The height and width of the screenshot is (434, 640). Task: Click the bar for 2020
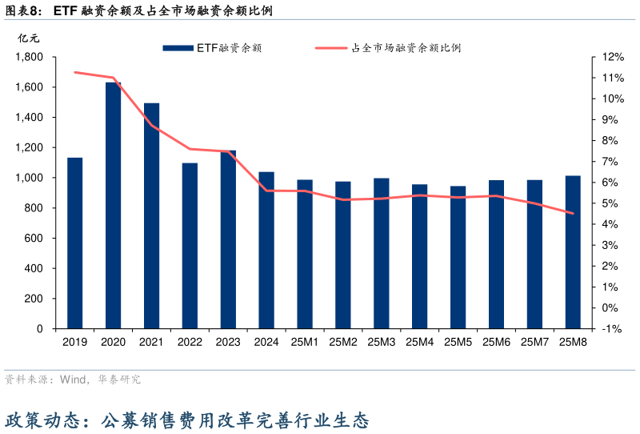click(114, 205)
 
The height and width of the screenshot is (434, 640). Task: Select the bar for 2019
click(75, 243)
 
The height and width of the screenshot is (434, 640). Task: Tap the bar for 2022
click(190, 246)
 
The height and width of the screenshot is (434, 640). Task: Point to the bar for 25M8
click(573, 251)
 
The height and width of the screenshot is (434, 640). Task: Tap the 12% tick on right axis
click(612, 57)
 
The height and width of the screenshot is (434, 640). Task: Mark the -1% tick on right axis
click(612, 328)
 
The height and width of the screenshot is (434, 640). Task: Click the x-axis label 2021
click(152, 342)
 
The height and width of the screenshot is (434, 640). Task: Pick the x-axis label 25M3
click(382, 342)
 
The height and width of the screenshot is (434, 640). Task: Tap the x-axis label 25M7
click(534, 342)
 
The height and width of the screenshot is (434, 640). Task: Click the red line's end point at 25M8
click(573, 214)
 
